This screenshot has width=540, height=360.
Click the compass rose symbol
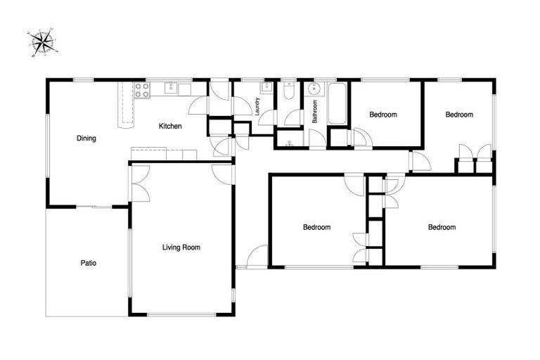point(43,43)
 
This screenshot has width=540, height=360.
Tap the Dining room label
point(86,139)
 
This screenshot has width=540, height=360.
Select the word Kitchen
point(170,127)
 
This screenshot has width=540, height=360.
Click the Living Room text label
point(181,247)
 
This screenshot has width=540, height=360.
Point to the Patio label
point(88,264)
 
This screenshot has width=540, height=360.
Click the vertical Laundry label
point(258,106)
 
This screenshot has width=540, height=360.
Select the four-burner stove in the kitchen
point(141,89)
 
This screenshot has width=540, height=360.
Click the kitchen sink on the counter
point(171,89)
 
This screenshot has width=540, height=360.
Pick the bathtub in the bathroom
point(337,103)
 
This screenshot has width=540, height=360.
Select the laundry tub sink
point(266,88)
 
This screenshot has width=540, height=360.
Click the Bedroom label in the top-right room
point(458,115)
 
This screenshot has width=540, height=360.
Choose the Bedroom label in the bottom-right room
point(442,227)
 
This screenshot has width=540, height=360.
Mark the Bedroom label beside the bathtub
point(383,115)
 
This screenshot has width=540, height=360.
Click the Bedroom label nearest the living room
point(316,227)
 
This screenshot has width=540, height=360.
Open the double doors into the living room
point(139,184)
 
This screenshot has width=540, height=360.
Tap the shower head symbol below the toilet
point(289,143)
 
